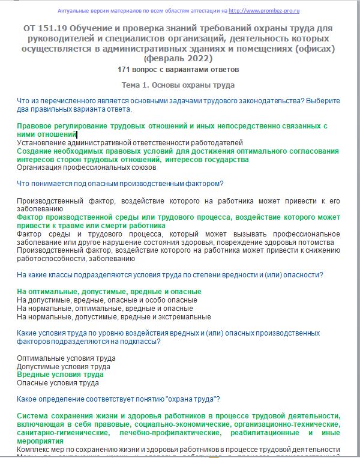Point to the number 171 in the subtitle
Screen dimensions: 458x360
(x=126, y=70)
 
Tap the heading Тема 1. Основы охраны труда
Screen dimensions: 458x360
(x=178, y=85)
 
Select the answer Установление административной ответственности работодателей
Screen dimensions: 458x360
(x=130, y=143)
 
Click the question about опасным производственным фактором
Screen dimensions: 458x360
(x=121, y=183)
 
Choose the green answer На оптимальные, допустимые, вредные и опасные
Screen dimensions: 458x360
(x=109, y=292)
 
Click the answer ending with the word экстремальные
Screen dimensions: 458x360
(x=113, y=317)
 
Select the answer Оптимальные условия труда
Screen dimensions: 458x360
(x=66, y=358)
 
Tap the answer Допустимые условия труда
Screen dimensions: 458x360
(x=63, y=367)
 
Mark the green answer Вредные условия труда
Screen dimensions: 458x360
(x=60, y=375)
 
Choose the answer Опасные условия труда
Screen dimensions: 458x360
(x=58, y=383)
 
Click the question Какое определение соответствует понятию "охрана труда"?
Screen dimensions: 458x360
(x=118, y=399)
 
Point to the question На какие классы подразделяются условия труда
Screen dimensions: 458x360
(x=170, y=275)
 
